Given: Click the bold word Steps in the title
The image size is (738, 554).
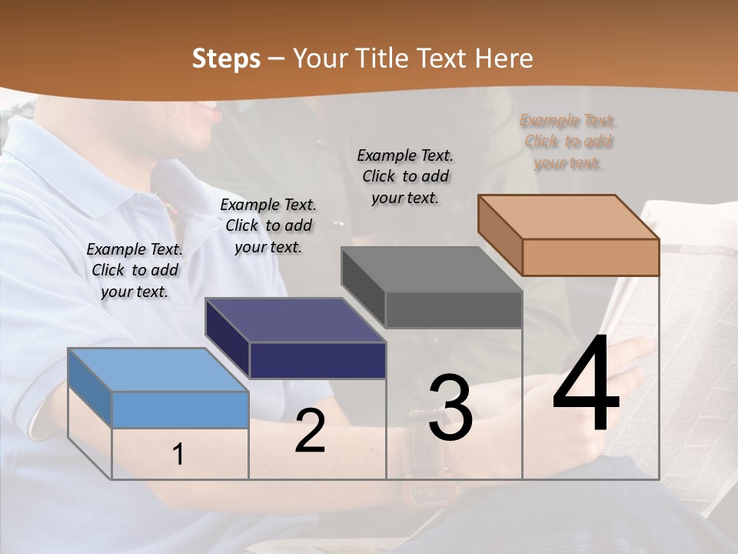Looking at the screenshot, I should [x=226, y=58].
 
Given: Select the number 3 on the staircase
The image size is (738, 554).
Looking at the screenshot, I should [x=450, y=408].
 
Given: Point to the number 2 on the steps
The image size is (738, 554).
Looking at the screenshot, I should [x=310, y=431].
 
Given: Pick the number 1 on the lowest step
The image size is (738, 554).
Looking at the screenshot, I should [x=178, y=455].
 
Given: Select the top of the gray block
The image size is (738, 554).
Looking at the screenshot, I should [x=431, y=270].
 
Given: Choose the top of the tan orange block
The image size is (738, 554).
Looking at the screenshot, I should [x=568, y=217].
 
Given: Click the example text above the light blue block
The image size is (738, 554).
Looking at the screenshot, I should [x=135, y=270].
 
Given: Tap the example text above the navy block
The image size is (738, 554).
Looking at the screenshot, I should [x=268, y=225].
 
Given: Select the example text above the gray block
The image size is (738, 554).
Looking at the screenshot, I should [x=405, y=176].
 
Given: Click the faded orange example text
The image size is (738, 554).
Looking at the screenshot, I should [x=568, y=142].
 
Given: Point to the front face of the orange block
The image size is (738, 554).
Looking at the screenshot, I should [x=590, y=257].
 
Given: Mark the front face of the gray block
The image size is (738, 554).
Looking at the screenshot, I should [x=454, y=309].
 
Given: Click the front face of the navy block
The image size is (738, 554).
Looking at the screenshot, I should [x=317, y=360].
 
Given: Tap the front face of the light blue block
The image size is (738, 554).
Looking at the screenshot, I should [x=180, y=409].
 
